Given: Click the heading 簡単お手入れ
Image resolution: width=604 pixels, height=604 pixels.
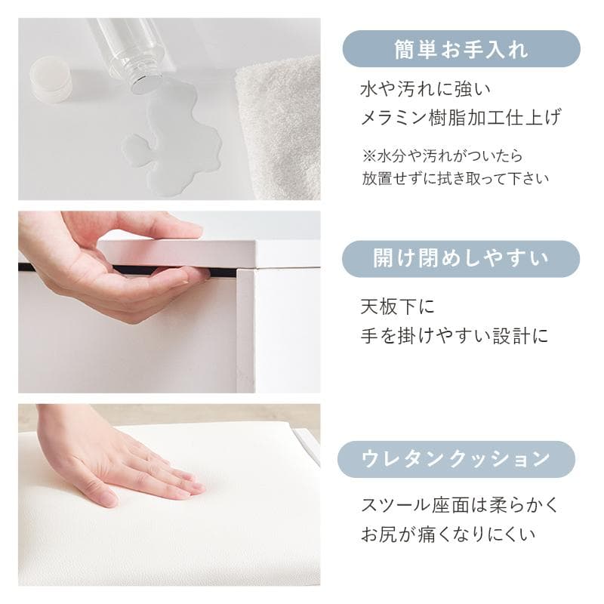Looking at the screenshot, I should click(x=461, y=50).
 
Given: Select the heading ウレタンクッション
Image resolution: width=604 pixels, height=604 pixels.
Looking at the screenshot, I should click(x=455, y=458).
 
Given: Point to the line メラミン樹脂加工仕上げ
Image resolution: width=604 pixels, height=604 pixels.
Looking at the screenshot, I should click(x=461, y=118).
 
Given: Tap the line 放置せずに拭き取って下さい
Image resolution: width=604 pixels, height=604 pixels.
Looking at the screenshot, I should click(x=455, y=179).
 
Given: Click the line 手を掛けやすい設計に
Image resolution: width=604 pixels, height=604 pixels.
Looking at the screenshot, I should click(x=455, y=335).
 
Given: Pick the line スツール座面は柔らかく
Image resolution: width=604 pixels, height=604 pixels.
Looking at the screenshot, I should click(x=459, y=505).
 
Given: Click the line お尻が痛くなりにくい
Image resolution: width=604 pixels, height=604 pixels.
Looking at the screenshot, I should click(x=448, y=534).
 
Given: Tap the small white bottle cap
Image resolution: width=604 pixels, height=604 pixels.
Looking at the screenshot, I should click(x=51, y=79).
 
